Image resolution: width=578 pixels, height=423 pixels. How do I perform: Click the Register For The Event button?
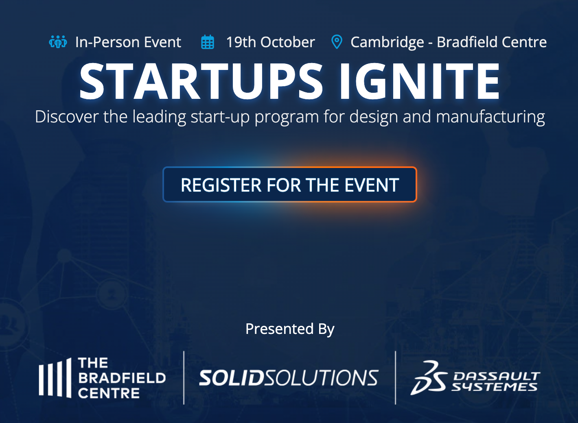[x=289, y=185]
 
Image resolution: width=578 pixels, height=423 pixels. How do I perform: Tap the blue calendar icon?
[x=208, y=42]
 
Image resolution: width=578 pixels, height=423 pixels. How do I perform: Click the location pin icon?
[x=337, y=42]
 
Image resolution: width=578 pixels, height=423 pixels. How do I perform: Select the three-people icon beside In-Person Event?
[x=58, y=42]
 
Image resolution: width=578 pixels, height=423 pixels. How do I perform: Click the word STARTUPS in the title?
[x=201, y=81]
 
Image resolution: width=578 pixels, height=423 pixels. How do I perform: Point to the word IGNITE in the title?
[x=420, y=81]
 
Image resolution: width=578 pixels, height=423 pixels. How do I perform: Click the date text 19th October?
[x=270, y=42]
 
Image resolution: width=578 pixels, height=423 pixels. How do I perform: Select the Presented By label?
[x=290, y=329]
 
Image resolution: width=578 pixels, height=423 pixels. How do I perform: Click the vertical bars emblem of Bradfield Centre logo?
[x=55, y=377]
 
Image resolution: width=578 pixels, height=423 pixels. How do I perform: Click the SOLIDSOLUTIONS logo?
[x=289, y=377]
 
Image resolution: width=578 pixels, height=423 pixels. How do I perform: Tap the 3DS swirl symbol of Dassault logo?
[x=428, y=378]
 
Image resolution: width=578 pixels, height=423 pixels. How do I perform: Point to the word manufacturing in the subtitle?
[x=490, y=117]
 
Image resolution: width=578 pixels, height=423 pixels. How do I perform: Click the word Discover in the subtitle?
[x=67, y=117]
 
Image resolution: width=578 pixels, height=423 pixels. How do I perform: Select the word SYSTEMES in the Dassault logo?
[x=494, y=387]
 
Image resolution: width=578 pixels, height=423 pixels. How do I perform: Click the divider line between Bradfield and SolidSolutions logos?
[x=184, y=377]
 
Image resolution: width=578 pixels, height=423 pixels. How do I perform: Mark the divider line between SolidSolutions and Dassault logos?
[x=395, y=377]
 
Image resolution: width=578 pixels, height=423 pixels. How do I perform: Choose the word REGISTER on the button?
[x=221, y=185]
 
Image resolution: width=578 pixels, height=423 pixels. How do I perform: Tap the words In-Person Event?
[x=128, y=42]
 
